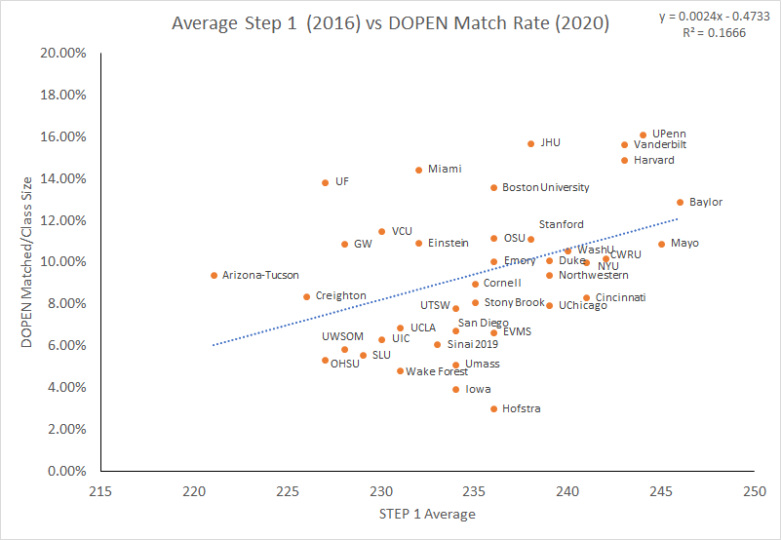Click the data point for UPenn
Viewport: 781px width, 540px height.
[x=643, y=135]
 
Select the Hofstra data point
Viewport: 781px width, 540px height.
[x=493, y=409]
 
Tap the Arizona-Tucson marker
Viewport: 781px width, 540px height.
[x=214, y=276]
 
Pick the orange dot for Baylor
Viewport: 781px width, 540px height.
[x=680, y=203]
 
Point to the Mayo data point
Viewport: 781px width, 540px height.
[x=661, y=244]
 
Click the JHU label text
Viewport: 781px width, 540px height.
[x=550, y=143]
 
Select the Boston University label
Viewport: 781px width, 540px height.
[x=545, y=187]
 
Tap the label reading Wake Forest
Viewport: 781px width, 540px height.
[x=437, y=371]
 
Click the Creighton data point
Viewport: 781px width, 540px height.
[x=306, y=296]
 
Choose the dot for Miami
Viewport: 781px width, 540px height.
[x=418, y=170]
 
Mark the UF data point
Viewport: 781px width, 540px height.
[x=325, y=182]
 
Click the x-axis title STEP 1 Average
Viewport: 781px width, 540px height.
[x=426, y=515]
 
